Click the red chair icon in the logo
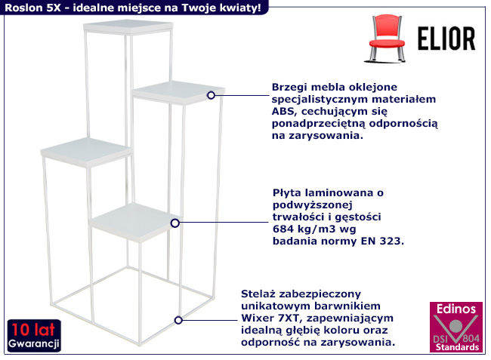(x=386, y=38)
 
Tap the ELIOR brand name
(x=446, y=38)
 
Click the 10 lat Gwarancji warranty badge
(x=34, y=336)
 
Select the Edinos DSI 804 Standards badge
(x=456, y=327)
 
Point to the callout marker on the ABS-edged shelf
(x=211, y=95)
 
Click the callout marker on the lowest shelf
(x=175, y=223)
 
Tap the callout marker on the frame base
(x=178, y=320)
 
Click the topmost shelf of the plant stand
(x=128, y=27)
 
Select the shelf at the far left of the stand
(x=86, y=152)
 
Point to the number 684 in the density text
(x=283, y=229)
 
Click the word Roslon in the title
(x=24, y=8)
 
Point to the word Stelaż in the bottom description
(x=258, y=294)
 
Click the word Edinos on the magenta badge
(x=456, y=309)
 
